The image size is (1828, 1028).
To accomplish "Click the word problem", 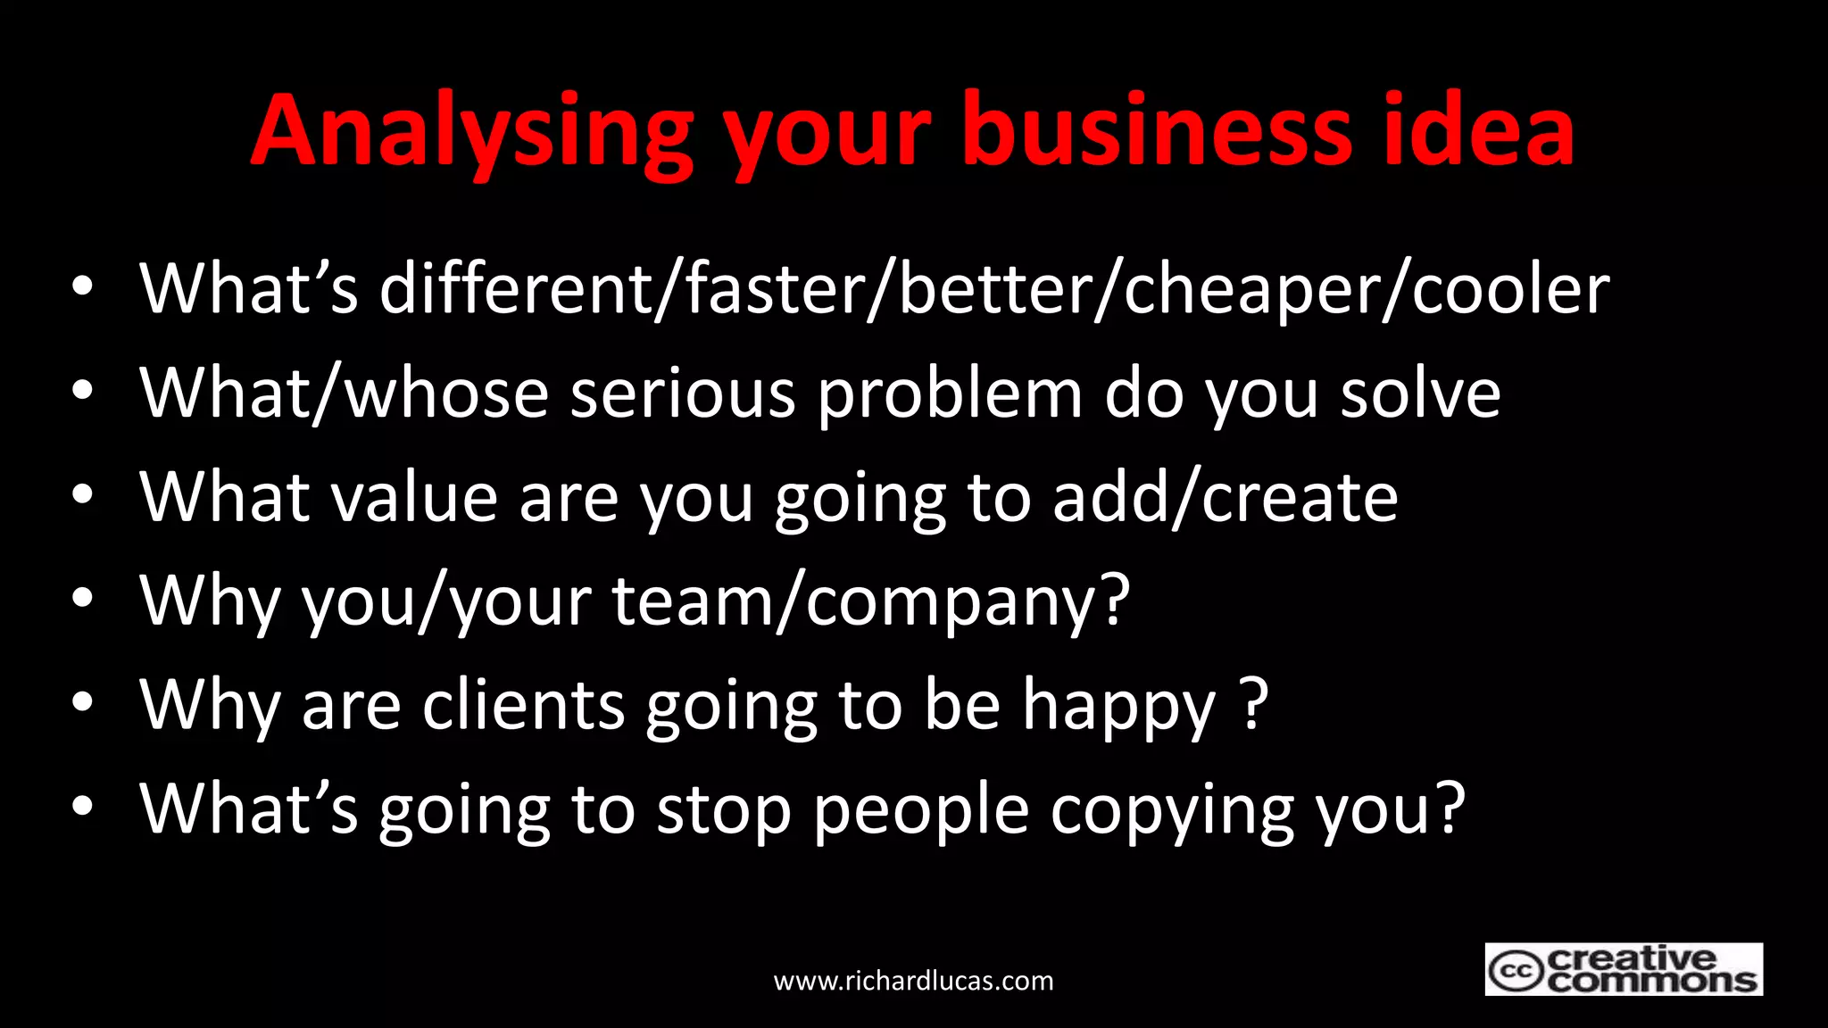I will tap(950, 394).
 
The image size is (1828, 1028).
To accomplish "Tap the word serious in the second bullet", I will tap(683, 394).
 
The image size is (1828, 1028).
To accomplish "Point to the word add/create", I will tap(1225, 498).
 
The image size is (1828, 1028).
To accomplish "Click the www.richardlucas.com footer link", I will tap(913, 981).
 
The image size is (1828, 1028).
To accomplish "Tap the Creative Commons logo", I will tap(1623, 969).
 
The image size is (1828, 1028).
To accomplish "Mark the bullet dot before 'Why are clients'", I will tap(82, 702).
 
